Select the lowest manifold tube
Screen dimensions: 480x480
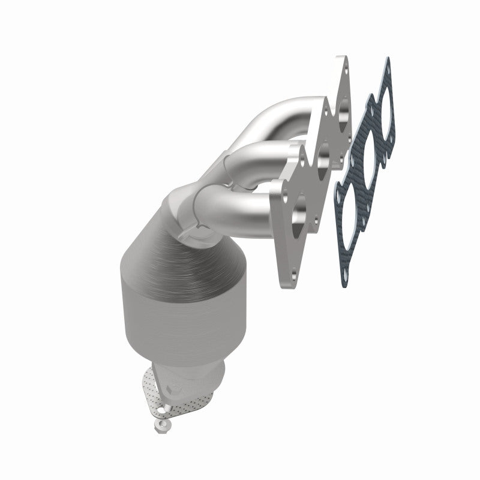pyautogui.click(x=240, y=207)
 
